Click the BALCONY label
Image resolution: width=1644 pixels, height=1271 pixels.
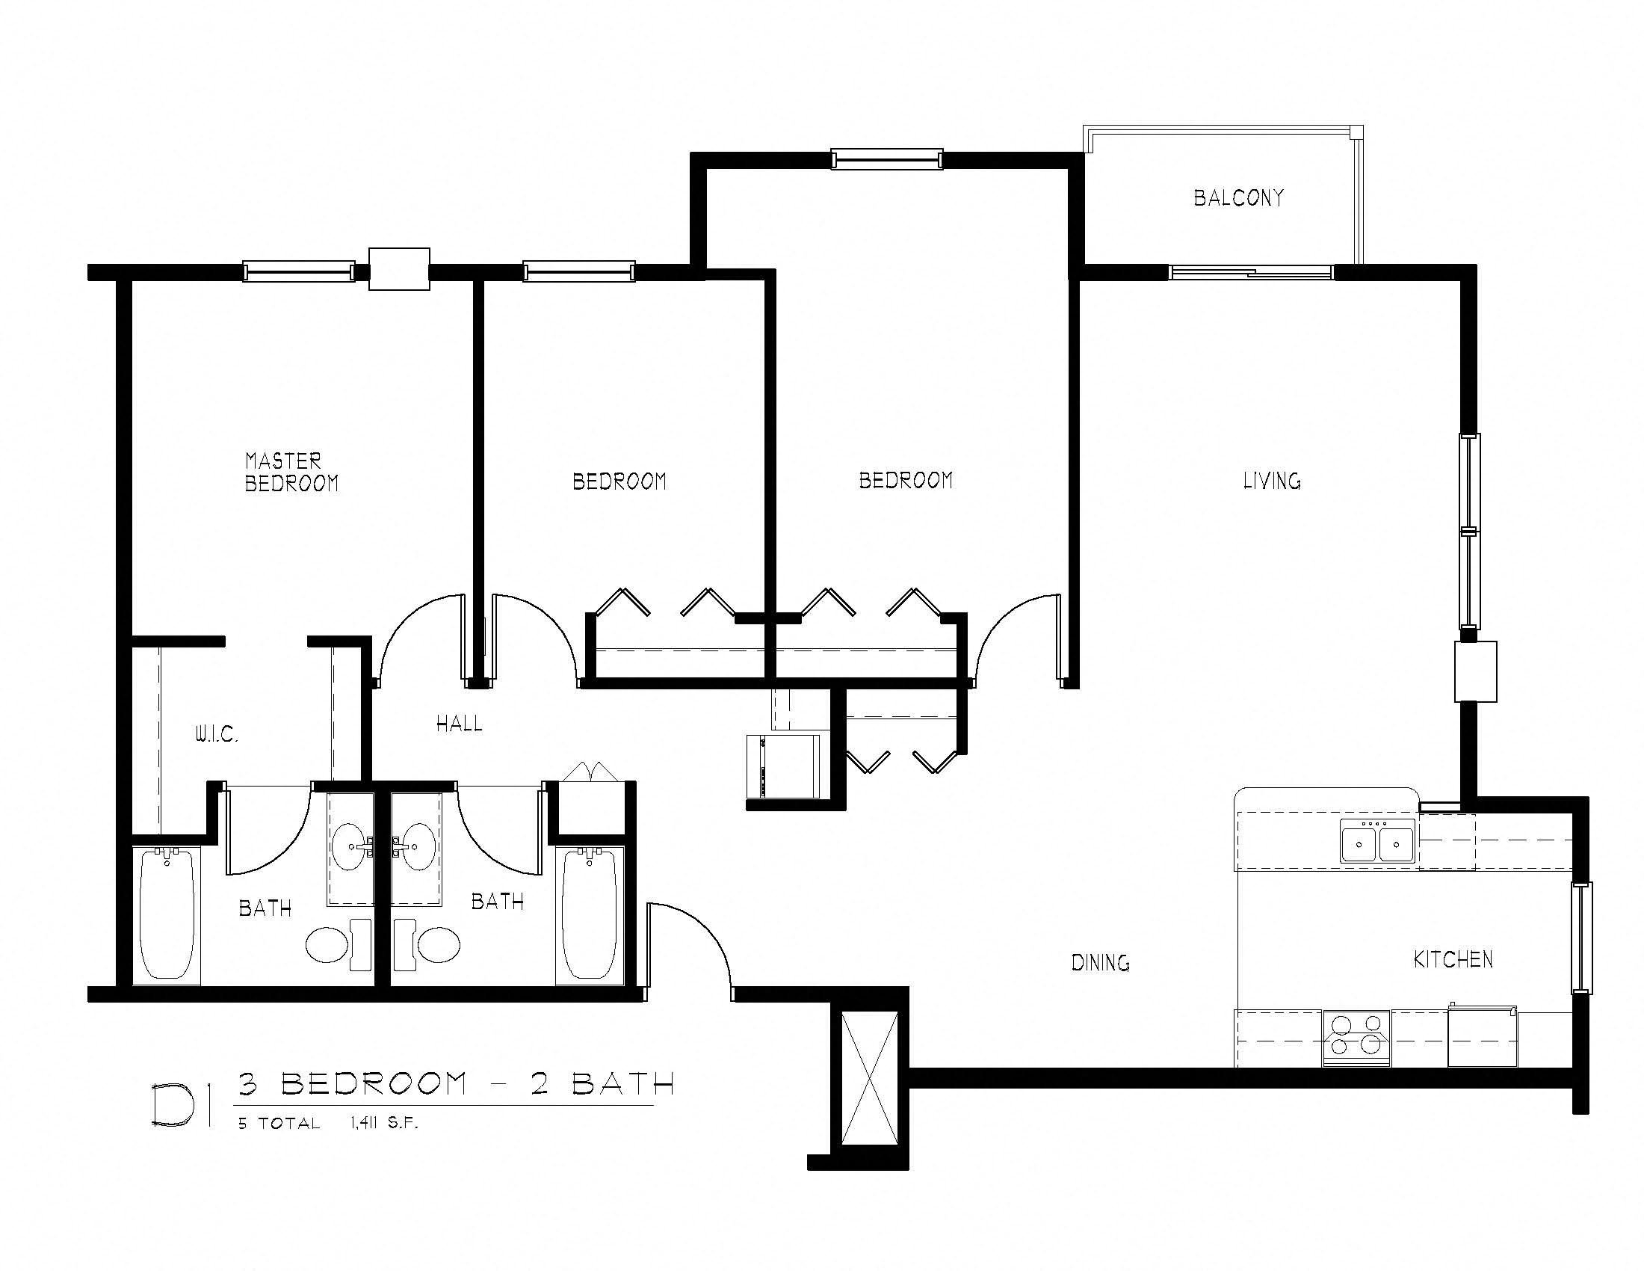(x=1238, y=198)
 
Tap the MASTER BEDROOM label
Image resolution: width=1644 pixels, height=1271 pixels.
(x=291, y=472)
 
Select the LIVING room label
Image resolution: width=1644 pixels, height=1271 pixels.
(x=1271, y=481)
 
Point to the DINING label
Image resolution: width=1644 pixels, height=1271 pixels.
(x=1100, y=962)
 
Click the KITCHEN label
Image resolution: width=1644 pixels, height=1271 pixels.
(x=1453, y=959)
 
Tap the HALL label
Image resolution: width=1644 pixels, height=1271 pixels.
(x=459, y=724)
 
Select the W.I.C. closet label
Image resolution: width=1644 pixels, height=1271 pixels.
(x=217, y=735)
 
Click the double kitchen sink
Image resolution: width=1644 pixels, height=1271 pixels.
(x=1377, y=842)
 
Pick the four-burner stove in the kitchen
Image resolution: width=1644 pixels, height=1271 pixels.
(x=1356, y=1038)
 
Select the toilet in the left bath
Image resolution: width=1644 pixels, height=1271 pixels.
(x=337, y=944)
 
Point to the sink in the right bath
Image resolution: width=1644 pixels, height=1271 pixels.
(x=416, y=848)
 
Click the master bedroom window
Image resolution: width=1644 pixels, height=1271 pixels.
(x=299, y=271)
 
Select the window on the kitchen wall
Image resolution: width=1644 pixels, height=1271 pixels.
(x=1580, y=938)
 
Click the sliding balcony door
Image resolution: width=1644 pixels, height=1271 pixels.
(x=1251, y=272)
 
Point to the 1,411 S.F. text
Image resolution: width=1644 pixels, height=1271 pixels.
(x=383, y=1124)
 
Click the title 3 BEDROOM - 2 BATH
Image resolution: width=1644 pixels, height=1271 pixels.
(x=456, y=1083)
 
